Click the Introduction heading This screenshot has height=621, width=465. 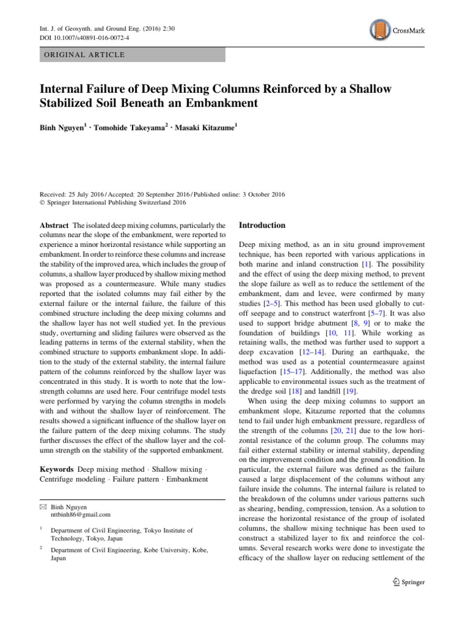click(262, 226)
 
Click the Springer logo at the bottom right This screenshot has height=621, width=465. click(405, 582)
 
